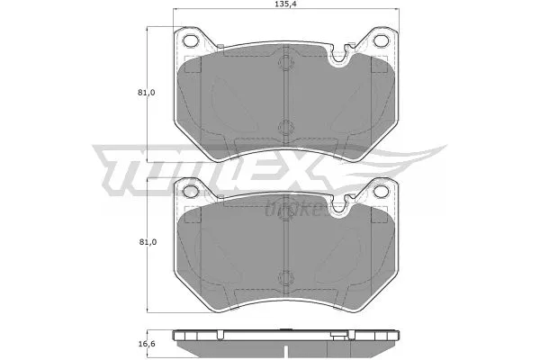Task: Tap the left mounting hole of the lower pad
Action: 190,190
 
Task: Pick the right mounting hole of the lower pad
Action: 379,190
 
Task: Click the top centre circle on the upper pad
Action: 284,64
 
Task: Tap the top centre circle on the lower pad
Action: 284,214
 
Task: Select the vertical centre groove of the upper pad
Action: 284,94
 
